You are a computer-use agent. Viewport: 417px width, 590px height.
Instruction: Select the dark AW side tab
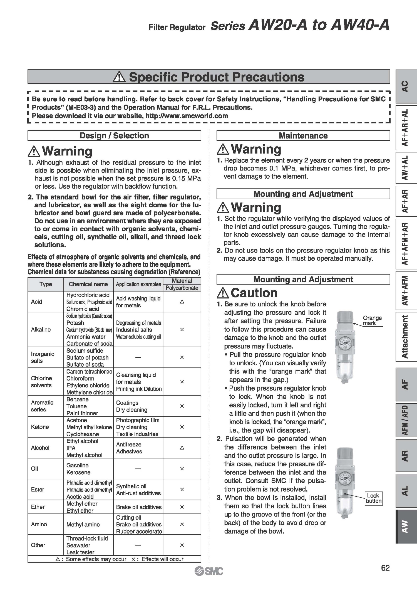405,526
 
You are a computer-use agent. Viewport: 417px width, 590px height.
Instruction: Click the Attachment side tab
405,337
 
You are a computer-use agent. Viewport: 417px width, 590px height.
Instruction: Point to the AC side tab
405,86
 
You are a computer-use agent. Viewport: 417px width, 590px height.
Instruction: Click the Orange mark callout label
372,320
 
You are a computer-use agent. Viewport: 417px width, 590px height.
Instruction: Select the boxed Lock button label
373,498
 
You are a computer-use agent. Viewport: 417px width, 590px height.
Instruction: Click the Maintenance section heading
303,136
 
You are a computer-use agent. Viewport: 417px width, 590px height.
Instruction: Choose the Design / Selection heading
114,136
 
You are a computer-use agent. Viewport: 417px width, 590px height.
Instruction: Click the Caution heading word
254,293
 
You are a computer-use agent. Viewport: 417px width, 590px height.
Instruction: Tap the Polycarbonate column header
182,288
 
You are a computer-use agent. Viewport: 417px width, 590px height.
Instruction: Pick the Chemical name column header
88,284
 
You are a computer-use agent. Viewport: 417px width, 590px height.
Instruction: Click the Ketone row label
40,427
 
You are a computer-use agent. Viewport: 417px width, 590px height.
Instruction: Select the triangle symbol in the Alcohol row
182,448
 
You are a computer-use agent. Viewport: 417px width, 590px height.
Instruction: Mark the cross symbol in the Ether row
182,507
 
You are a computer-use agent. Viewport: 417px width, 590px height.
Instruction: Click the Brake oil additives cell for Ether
138,507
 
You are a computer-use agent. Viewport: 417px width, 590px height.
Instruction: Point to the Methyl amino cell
83,524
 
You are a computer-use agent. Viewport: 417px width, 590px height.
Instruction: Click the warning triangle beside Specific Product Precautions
119,77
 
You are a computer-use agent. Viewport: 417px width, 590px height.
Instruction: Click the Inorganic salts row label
42,357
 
